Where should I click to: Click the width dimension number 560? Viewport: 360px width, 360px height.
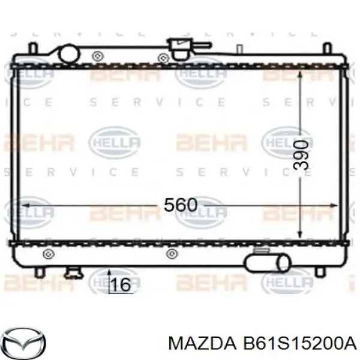(180, 205)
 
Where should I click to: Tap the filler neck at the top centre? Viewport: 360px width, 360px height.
(178, 47)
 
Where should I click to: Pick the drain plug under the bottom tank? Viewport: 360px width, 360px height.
(72, 273)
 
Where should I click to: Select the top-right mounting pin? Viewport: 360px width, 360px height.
(326, 47)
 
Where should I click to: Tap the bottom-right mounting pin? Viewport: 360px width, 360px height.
(324, 271)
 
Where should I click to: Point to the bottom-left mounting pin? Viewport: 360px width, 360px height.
(39, 271)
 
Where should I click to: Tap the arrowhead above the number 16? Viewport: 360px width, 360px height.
(109, 273)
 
